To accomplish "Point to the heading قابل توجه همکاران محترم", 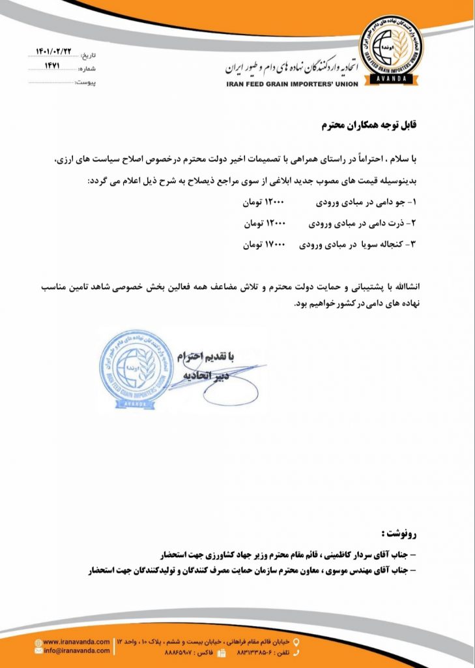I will [x=369, y=125].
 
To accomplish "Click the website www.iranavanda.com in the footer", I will [x=76, y=643].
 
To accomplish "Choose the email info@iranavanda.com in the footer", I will [x=76, y=651].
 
